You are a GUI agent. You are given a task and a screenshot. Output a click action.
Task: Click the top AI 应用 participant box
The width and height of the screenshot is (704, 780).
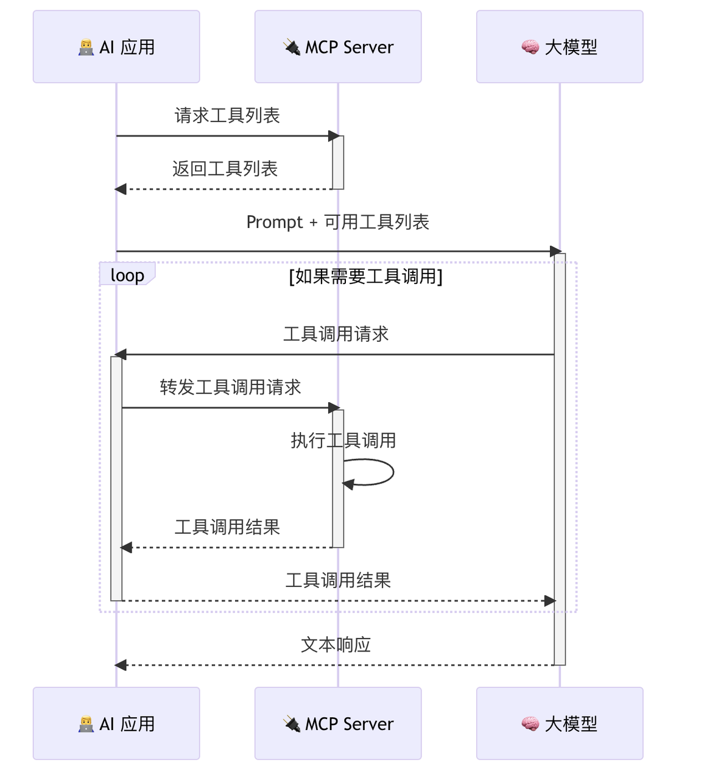pyautogui.click(x=116, y=46)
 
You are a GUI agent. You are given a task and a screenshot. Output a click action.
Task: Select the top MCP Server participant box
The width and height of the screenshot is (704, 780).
pyautogui.click(x=338, y=46)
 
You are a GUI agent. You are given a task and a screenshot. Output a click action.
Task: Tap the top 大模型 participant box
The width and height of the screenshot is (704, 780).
pyautogui.click(x=560, y=46)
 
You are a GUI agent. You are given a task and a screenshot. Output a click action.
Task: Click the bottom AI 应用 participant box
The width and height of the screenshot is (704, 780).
pyautogui.click(x=116, y=723)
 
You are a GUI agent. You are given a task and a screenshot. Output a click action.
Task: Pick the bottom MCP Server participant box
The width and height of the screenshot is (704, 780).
pyautogui.click(x=338, y=723)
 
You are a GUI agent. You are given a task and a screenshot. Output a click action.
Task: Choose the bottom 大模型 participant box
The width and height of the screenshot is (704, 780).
pyautogui.click(x=560, y=723)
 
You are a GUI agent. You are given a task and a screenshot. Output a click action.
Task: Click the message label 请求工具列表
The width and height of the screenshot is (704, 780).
pyautogui.click(x=227, y=115)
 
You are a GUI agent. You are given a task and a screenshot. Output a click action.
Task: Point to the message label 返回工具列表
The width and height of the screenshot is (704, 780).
pyautogui.click(x=225, y=169)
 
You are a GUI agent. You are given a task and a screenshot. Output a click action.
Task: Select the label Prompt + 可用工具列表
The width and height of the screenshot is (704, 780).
pyautogui.click(x=337, y=222)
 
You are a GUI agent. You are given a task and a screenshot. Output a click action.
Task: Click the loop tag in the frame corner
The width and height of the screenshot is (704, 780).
pyautogui.click(x=127, y=275)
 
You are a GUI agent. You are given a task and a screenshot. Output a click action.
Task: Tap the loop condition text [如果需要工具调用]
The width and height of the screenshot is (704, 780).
pyautogui.click(x=365, y=277)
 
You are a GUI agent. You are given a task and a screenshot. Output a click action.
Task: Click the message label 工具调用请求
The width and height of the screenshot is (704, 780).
pyautogui.click(x=336, y=334)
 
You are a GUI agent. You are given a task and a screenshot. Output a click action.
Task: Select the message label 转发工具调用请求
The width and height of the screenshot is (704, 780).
pyautogui.click(x=230, y=388)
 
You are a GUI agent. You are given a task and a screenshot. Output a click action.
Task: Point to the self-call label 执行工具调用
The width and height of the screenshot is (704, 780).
pyautogui.click(x=343, y=441)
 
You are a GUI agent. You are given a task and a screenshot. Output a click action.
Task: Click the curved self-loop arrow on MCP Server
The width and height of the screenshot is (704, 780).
pyautogui.click(x=390, y=472)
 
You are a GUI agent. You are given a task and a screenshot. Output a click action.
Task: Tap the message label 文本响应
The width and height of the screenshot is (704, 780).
pyautogui.click(x=336, y=645)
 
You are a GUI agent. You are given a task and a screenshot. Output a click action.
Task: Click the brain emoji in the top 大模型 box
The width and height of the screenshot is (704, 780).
pyautogui.click(x=530, y=47)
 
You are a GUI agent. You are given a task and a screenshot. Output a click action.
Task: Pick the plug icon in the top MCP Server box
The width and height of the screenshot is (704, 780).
pyautogui.click(x=292, y=47)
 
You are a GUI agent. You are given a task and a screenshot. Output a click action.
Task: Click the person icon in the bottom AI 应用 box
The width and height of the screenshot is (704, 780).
pyautogui.click(x=86, y=724)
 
